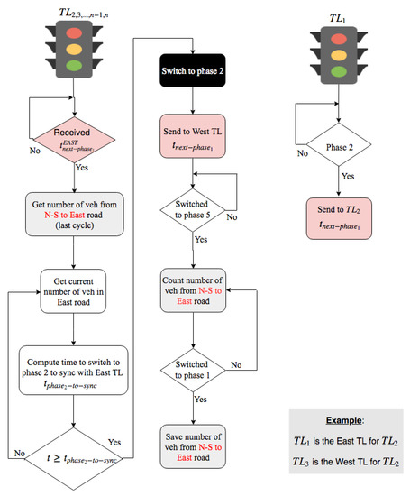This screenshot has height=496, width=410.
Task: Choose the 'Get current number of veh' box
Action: (74, 289)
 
